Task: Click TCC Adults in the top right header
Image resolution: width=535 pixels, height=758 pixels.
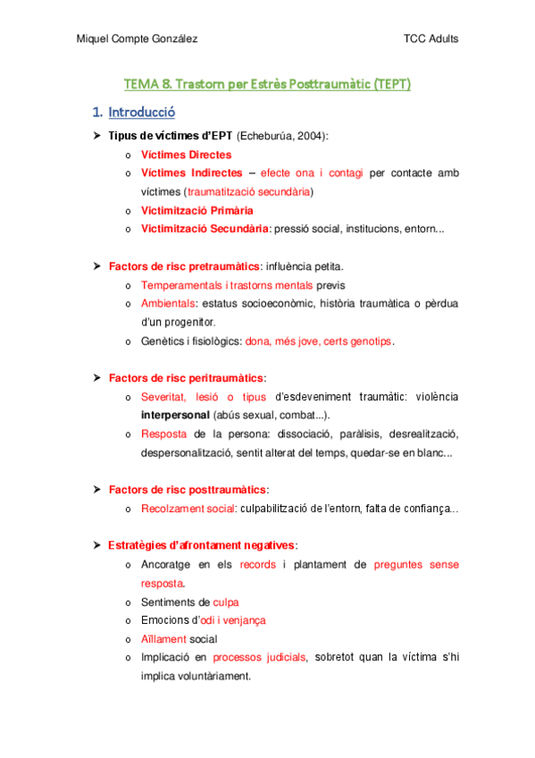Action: pos(431,38)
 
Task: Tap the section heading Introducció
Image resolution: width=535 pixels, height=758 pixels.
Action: pos(141,113)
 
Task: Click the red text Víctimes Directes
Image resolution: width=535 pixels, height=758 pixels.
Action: pos(186,155)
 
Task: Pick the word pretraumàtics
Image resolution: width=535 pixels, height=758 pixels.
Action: pos(221,266)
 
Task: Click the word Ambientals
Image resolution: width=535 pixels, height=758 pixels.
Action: pos(169,304)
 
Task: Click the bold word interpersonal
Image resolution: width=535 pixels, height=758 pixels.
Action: pos(176,416)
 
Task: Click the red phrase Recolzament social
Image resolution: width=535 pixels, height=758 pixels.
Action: pos(181,509)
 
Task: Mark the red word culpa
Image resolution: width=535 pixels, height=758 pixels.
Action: pos(226,602)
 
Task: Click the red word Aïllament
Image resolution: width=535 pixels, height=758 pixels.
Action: pos(163,639)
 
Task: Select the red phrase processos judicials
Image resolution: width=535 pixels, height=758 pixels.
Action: pos(260,658)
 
